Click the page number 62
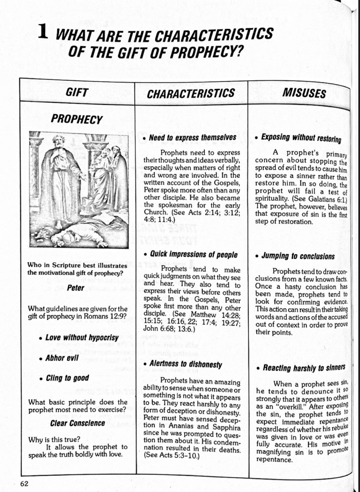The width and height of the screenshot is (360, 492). tap(24, 483)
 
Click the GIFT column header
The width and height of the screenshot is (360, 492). tap(76, 92)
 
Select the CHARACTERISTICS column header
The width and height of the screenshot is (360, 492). tap(191, 93)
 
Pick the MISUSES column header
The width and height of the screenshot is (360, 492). tap(304, 92)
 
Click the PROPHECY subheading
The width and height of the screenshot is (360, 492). tap(77, 119)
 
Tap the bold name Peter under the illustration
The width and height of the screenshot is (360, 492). tap(75, 288)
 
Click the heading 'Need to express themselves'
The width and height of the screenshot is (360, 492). tap(192, 137)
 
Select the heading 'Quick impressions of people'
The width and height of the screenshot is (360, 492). tap(193, 254)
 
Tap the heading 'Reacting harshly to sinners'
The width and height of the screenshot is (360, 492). tap(304, 368)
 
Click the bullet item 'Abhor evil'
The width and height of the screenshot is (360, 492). tap(62, 358)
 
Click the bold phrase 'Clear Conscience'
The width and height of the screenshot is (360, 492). tap(77, 423)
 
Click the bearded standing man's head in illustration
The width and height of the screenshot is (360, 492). tap(59, 142)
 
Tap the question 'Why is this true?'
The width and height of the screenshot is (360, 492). tap(54, 439)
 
